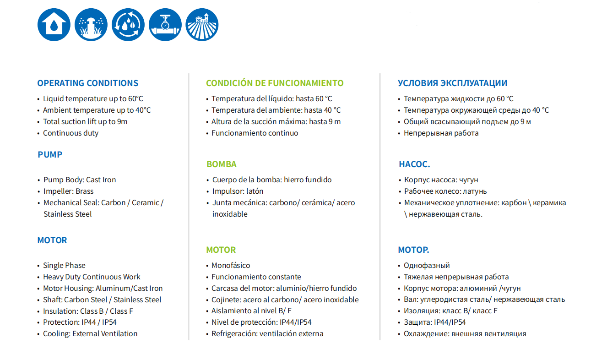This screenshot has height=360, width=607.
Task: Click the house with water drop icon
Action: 54,25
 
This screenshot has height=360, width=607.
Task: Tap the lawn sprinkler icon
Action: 91,25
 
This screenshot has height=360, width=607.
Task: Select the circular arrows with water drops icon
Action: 128,25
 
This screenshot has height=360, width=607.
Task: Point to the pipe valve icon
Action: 165,25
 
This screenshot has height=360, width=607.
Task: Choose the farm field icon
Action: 202,25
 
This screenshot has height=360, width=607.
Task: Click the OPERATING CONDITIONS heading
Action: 87,83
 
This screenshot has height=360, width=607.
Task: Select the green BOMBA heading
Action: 222,164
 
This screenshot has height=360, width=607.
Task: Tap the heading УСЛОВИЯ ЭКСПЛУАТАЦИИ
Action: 452,83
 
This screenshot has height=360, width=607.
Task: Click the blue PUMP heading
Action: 50,155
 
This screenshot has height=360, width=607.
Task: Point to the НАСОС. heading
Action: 414,164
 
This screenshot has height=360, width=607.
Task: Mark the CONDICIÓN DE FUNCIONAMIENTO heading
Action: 275,83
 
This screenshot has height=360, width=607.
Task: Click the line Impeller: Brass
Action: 68,191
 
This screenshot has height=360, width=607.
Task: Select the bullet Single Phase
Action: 64,266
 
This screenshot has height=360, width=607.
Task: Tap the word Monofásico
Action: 231,266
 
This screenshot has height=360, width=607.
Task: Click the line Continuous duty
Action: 70,133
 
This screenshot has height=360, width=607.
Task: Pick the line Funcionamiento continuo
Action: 255,133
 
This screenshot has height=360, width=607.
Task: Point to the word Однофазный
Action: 427,266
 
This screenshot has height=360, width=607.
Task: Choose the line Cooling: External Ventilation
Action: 90,334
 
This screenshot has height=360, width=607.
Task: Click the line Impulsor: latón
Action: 238,191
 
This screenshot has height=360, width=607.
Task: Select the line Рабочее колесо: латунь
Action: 445,191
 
